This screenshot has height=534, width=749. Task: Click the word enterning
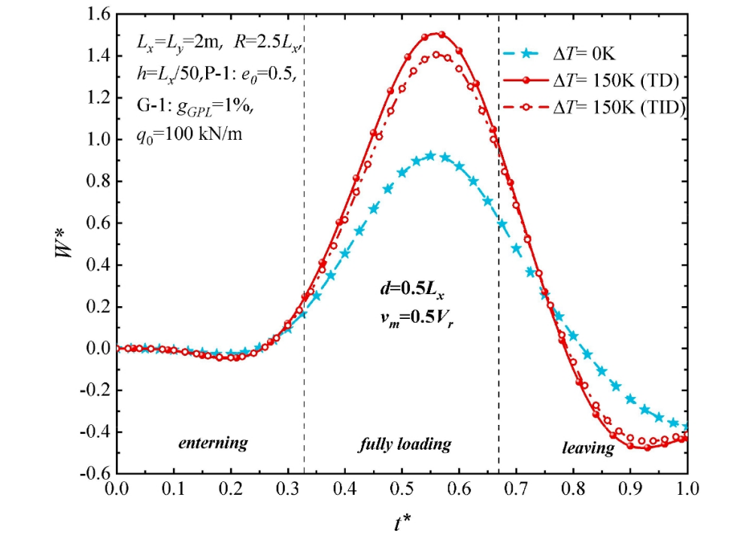(213, 443)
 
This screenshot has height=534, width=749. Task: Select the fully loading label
(404, 444)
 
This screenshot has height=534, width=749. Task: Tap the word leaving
(588, 449)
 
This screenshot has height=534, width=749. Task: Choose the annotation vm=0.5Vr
(405, 317)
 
